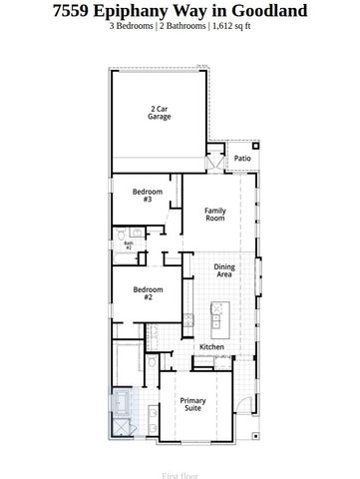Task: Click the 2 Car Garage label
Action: tap(160, 113)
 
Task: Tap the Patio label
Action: tap(242, 159)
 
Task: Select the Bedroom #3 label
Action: tap(147, 196)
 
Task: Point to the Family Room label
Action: tap(215, 214)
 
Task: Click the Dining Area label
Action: tap(225, 270)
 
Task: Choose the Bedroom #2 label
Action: tap(147, 292)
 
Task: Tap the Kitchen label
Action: tap(211, 347)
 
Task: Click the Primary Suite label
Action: tap(192, 404)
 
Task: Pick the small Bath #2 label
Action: tap(128, 244)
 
